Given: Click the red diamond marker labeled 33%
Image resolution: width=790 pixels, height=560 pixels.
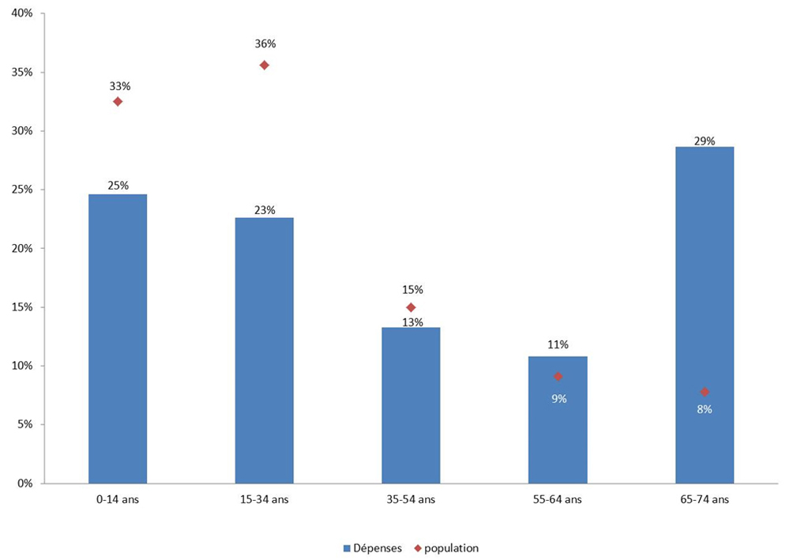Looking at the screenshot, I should tap(118, 101).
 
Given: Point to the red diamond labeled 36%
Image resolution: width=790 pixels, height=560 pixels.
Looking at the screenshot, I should tap(264, 65).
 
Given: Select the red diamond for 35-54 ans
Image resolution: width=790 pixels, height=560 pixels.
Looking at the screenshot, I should tap(411, 307).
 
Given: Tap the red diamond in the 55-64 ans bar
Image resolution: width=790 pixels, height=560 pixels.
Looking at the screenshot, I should tap(558, 377).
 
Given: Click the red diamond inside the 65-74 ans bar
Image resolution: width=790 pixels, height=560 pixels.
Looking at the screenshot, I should tap(705, 392).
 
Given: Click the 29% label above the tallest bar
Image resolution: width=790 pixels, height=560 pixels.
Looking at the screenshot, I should tap(705, 141).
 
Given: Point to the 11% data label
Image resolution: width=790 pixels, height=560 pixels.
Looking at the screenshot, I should tap(558, 344).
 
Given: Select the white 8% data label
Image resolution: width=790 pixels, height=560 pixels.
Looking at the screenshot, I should tap(705, 409).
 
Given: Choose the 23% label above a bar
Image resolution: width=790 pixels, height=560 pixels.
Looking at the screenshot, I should tap(264, 210).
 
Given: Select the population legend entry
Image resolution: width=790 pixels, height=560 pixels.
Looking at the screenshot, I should tap(447, 547).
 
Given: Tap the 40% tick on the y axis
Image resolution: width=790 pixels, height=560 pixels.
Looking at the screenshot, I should tap(22, 14).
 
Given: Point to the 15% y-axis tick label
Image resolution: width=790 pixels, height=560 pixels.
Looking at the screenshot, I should tap(22, 307).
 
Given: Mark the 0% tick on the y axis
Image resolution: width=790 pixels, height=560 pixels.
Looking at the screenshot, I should tap(24, 483).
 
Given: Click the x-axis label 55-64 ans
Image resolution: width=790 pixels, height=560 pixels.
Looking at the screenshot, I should tap(558, 499).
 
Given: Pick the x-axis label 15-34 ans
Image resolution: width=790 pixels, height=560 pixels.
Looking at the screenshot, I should tap(264, 499).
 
